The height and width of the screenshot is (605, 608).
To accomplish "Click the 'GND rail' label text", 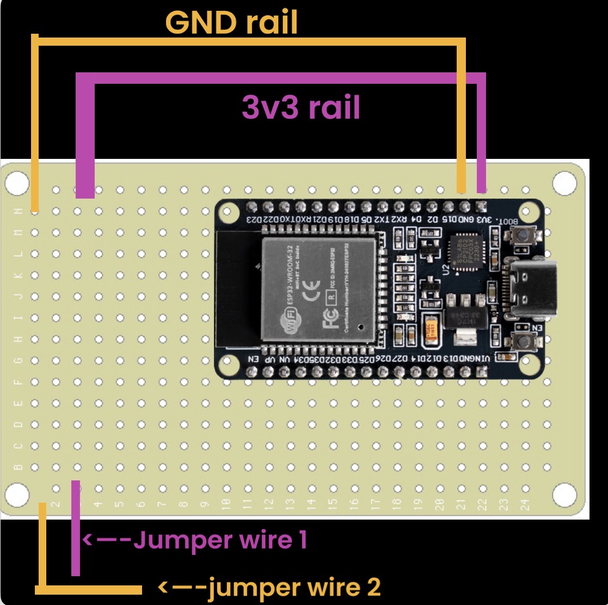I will (x=231, y=23).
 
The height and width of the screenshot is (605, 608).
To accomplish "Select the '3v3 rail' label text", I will (x=301, y=108).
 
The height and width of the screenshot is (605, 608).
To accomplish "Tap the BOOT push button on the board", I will (x=523, y=236).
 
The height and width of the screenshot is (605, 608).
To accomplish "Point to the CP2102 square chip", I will (x=466, y=252).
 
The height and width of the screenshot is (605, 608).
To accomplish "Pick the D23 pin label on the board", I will (x=253, y=219).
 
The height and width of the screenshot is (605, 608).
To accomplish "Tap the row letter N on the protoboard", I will (x=19, y=211).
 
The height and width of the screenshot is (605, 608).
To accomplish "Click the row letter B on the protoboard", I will (x=19, y=467).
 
